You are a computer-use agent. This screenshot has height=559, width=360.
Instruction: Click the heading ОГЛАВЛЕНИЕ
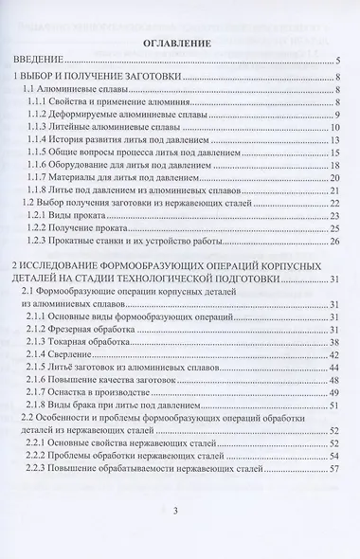[x=179, y=44]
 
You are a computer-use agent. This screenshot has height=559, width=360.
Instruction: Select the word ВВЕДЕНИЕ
[x=45, y=62]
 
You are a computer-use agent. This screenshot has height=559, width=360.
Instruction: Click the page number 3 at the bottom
[x=179, y=537]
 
